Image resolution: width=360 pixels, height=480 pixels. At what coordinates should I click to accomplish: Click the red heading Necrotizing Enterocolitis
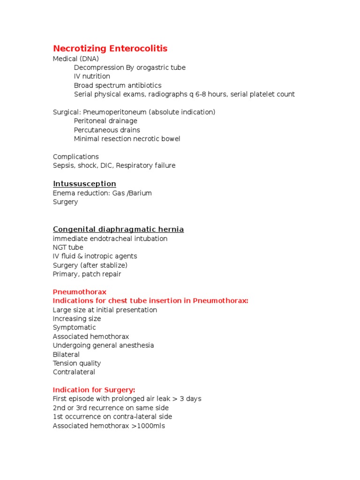[110, 49]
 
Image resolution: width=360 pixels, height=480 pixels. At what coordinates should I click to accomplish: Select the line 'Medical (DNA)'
[76, 59]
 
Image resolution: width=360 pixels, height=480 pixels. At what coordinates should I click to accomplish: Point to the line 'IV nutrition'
[92, 76]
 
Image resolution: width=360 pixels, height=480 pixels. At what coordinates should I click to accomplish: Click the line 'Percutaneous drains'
[107, 130]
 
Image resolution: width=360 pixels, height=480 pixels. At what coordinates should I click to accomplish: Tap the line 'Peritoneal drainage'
[105, 121]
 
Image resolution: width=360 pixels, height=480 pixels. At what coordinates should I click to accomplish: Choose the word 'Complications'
[76, 157]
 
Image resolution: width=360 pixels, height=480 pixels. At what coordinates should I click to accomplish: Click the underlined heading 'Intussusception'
[84, 184]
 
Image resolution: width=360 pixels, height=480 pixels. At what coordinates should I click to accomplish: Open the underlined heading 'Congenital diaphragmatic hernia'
[118, 229]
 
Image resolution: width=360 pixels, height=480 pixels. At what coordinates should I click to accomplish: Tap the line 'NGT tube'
[68, 247]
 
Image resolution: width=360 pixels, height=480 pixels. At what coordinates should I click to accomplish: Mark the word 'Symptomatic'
[74, 328]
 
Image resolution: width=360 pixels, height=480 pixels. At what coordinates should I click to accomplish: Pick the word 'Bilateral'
[66, 354]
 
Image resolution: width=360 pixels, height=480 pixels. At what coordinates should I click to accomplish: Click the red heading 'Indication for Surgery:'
[94, 390]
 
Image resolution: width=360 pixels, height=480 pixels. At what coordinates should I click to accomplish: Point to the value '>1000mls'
[148, 426]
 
